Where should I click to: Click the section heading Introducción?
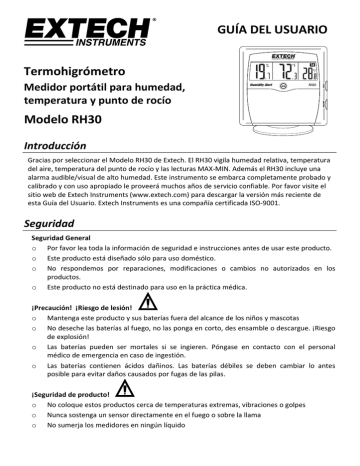59,147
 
